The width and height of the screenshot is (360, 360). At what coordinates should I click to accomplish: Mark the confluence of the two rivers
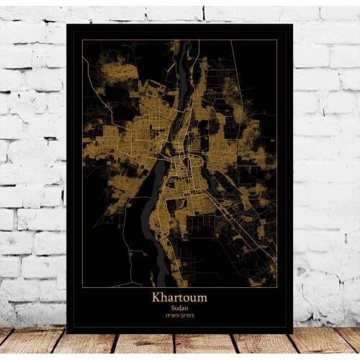click(x=171, y=153)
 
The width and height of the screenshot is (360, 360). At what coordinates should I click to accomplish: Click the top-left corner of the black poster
click(x=66, y=24)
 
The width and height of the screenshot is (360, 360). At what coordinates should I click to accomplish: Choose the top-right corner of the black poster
click(x=293, y=24)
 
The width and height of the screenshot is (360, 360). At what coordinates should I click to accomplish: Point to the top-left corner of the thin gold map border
click(x=82, y=40)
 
